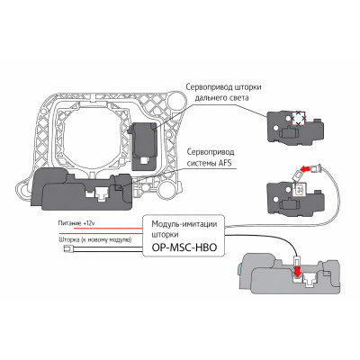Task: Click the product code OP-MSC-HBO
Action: [x=184, y=247]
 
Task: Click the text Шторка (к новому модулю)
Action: [x=94, y=239]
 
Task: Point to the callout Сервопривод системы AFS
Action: [x=211, y=157]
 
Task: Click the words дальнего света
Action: [x=221, y=98]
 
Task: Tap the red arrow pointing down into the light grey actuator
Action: [x=297, y=273]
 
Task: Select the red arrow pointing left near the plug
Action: [x=305, y=170]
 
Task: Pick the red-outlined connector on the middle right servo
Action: [x=299, y=190]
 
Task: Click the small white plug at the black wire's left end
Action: [x=67, y=248]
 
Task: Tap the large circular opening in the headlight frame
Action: [x=93, y=135]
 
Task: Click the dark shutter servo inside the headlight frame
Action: [x=143, y=146]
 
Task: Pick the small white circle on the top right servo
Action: [x=276, y=128]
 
